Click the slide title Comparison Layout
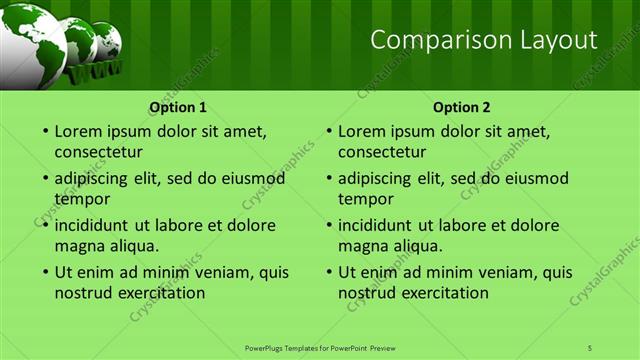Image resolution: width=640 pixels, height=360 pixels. pos(483,40)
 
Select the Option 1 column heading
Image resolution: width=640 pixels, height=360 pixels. pos(178,106)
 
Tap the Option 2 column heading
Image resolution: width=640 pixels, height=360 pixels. pos(462,106)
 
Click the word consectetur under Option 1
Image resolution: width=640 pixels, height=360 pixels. pos(98,152)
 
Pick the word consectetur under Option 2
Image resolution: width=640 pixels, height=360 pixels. pos(382,152)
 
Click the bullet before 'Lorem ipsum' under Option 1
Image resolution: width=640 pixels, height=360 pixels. pos(43,132)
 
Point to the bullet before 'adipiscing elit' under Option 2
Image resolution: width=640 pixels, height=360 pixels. pos(327,179)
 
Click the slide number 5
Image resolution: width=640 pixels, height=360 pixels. pos(590,347)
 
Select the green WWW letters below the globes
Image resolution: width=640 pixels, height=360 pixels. pos(95,70)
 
